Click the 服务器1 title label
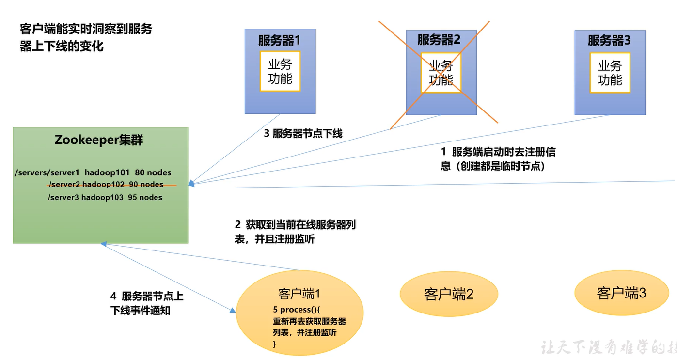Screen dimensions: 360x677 coord(279,40)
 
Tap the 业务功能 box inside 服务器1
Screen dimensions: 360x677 coord(280,72)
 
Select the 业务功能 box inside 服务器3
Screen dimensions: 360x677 coord(610,73)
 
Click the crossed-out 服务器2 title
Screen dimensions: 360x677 coord(439,40)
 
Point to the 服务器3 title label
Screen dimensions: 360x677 coord(609,40)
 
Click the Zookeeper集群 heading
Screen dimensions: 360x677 coord(99,140)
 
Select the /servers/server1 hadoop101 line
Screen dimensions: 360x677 coord(93,172)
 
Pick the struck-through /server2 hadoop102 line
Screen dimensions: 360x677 coord(106,185)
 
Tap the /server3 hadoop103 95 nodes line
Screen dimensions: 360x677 coord(105,197)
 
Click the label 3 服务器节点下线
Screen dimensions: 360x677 coord(303,134)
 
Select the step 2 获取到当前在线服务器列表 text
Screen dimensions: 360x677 coord(295,232)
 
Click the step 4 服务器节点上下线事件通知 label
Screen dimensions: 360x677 coord(146,303)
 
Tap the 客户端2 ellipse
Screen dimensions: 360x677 coord(449,294)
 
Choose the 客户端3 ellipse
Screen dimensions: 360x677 coord(621,293)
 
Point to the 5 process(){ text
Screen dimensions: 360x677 coord(297,309)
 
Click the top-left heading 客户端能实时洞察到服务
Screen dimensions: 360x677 coord(86,29)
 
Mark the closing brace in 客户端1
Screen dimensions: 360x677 coord(275,344)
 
